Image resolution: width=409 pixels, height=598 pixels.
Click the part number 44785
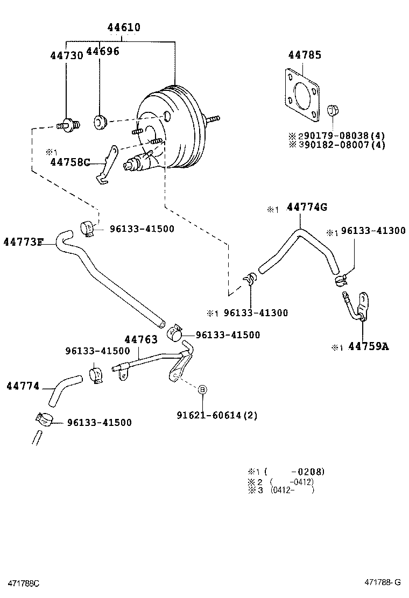[304, 55]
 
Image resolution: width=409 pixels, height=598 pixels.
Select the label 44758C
[70, 161]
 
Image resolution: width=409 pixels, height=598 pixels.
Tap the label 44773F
[23, 241]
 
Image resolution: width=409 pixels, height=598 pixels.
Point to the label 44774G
[307, 207]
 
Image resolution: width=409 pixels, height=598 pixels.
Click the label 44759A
[368, 346]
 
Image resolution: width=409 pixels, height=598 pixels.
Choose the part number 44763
[141, 339]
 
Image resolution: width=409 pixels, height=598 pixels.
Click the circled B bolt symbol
[202, 389]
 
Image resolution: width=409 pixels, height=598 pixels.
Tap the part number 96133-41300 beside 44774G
[373, 231]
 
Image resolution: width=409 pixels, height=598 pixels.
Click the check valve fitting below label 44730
[68, 125]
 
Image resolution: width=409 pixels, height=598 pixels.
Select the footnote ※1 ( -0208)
[286, 472]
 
